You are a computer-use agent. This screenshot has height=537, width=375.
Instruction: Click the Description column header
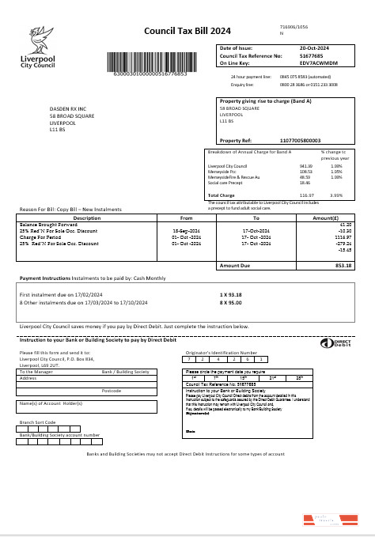87,217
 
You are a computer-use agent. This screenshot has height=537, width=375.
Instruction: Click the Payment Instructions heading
51,278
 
